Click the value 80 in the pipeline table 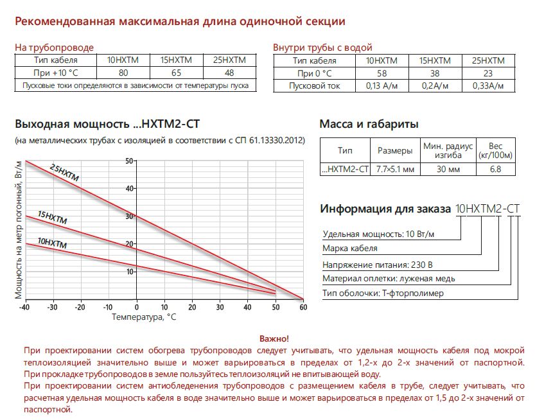pyautogui.click(x=124, y=73)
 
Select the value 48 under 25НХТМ pyautogui.click(x=229, y=73)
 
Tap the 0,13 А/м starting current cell pyautogui.click(x=381, y=85)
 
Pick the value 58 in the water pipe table pyautogui.click(x=381, y=73)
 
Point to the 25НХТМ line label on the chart pyautogui.click(x=64, y=173)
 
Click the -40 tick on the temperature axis pyautogui.click(x=25, y=306)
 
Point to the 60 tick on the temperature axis pyautogui.click(x=303, y=306)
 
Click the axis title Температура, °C pyautogui.click(x=143, y=317)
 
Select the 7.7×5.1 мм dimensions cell pyautogui.click(x=395, y=170)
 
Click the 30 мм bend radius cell pyautogui.click(x=448, y=170)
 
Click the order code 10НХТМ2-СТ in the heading pyautogui.click(x=487, y=209)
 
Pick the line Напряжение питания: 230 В pyautogui.click(x=377, y=263)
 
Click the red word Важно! pyautogui.click(x=274, y=338)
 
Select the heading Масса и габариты pyautogui.click(x=369, y=124)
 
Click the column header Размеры pyautogui.click(x=395, y=151)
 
